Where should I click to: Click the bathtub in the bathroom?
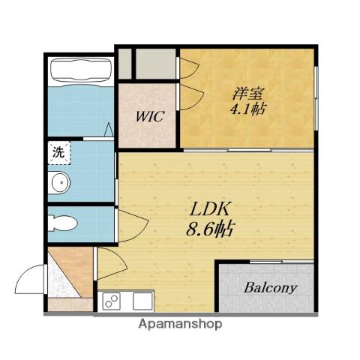80,70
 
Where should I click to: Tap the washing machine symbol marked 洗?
59,153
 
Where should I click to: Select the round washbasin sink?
59,183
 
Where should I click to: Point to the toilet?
62,223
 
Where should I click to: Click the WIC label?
150,116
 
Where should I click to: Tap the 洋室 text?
247,94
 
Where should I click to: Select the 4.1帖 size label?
248,109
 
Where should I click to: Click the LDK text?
209,209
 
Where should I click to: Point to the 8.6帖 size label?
209,229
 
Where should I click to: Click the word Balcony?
271,288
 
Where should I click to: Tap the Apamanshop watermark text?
180,324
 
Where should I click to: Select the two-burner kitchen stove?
112,301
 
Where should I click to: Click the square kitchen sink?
142,301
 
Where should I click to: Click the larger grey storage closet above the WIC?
155,64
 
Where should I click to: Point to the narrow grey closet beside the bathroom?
124,64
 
